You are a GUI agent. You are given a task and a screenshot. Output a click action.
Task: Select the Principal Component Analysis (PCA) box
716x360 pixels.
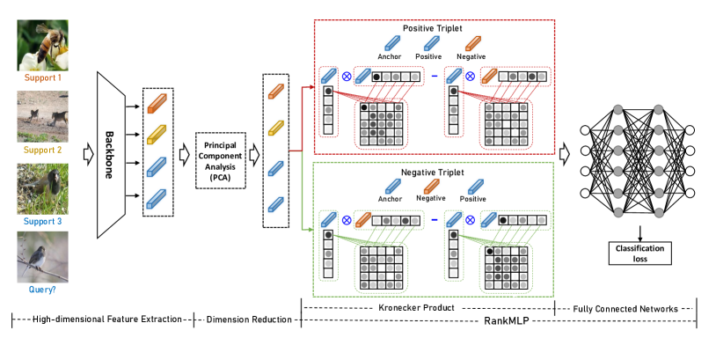(x=220, y=161)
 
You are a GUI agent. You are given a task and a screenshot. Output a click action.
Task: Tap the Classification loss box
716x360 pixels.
(x=640, y=254)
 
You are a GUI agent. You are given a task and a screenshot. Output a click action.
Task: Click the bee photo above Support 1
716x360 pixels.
(x=43, y=45)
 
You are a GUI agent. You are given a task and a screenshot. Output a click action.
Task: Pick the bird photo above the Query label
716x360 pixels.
(x=43, y=256)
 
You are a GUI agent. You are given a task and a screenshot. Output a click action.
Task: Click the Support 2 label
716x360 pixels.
(x=43, y=150)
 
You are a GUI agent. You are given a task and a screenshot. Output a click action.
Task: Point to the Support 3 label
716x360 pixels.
(x=43, y=221)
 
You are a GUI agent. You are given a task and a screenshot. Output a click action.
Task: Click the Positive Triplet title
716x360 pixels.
(x=432, y=28)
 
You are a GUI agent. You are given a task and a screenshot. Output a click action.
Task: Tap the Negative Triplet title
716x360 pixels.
(x=432, y=173)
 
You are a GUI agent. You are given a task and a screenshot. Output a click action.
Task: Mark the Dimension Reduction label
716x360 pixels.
(x=248, y=319)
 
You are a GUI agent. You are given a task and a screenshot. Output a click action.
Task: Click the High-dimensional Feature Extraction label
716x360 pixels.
(x=102, y=319)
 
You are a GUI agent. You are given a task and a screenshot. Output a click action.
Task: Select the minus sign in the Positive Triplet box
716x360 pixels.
(x=434, y=77)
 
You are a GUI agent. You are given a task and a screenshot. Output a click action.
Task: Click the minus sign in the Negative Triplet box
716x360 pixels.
(x=434, y=221)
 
